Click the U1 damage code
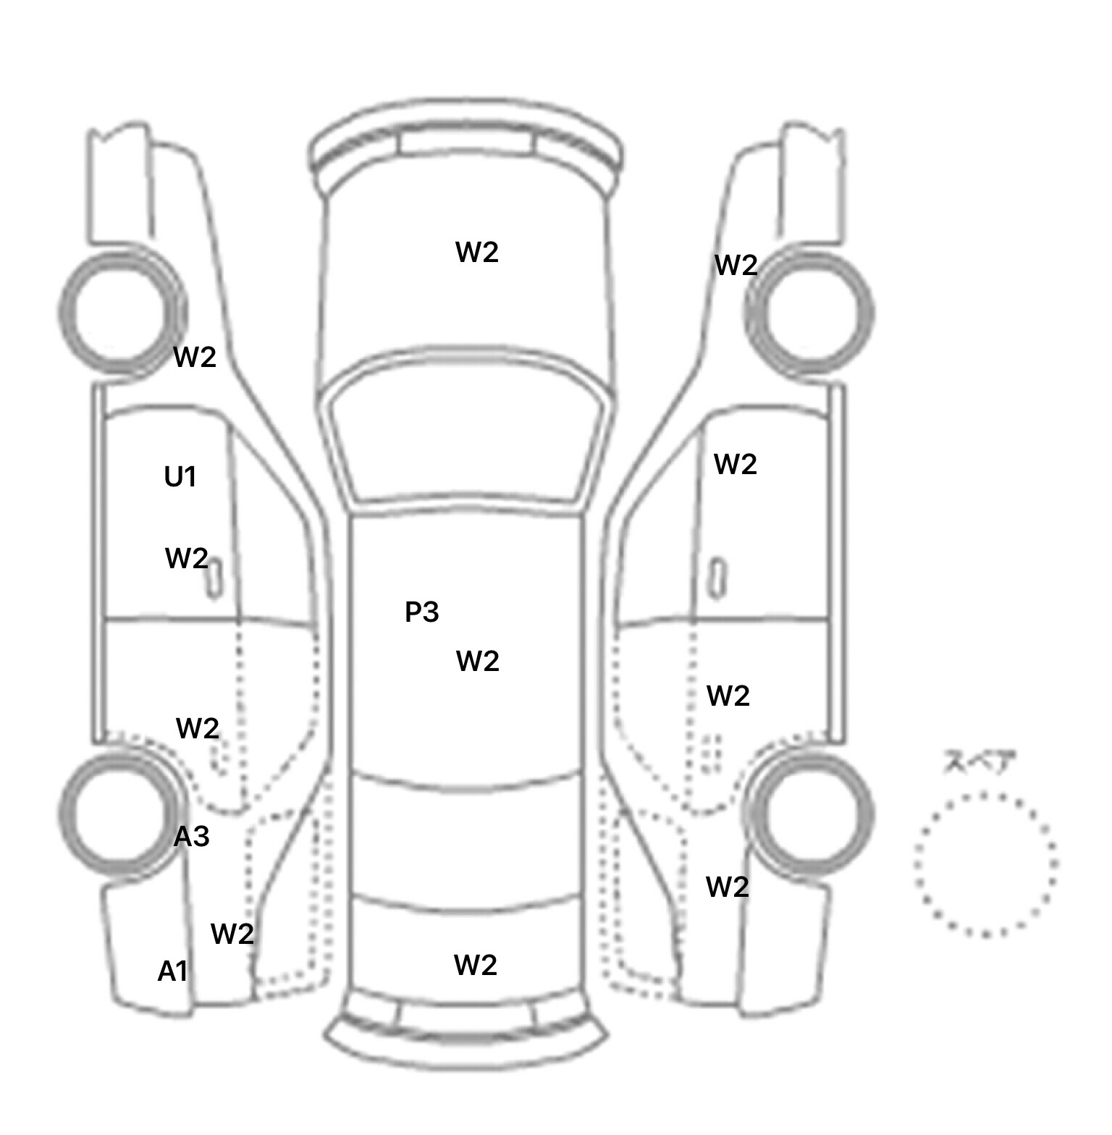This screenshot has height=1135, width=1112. pyautogui.click(x=180, y=477)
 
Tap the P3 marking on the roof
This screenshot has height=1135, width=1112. pyautogui.click(x=421, y=612)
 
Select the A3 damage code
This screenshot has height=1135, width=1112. pyautogui.click(x=192, y=837)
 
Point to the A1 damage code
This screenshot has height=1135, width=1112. pyautogui.click(x=173, y=971)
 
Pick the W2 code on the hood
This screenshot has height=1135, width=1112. pyautogui.click(x=477, y=252)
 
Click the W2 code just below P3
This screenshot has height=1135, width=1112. pyautogui.click(x=478, y=661)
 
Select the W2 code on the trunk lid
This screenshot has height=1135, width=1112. pyautogui.click(x=476, y=965)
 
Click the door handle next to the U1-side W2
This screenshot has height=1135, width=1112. pyautogui.click(x=214, y=578)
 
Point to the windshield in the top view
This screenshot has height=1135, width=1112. pyautogui.click(x=467, y=434)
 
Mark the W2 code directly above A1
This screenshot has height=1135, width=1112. pyautogui.click(x=232, y=934)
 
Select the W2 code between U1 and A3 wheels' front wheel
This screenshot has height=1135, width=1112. pyautogui.click(x=195, y=356)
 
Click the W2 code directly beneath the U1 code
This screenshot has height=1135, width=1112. pyautogui.click(x=187, y=558)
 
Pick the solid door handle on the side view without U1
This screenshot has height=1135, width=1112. pyautogui.click(x=717, y=578)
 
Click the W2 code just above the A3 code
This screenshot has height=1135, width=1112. pyautogui.click(x=198, y=727)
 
